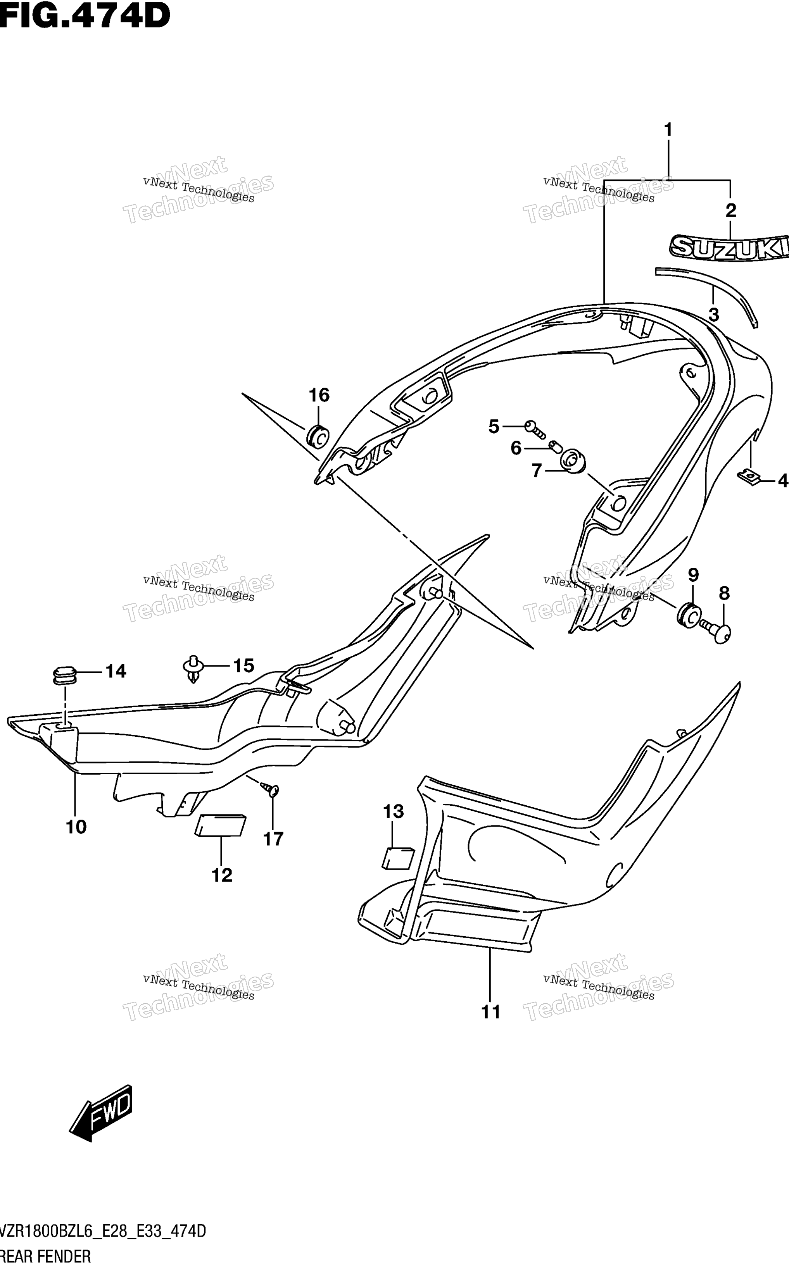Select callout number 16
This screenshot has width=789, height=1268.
(319, 395)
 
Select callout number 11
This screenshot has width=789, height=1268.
(490, 1012)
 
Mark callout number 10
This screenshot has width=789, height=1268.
(76, 826)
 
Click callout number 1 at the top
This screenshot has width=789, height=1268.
(668, 129)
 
